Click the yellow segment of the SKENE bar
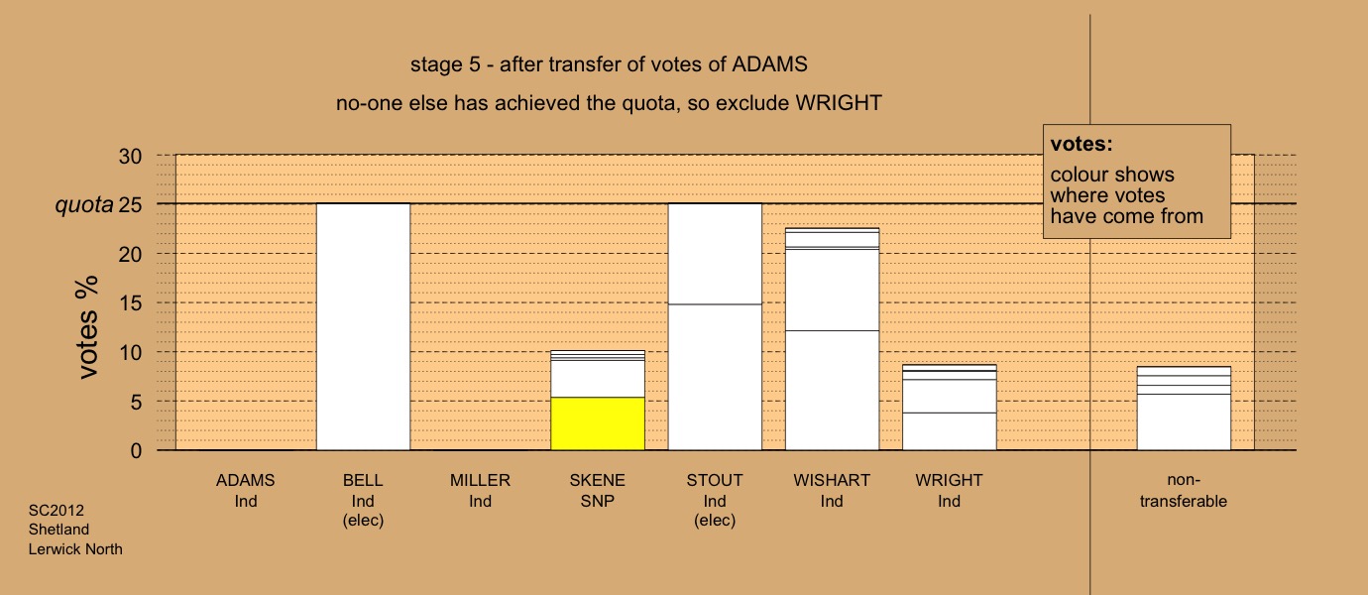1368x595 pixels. click(x=598, y=424)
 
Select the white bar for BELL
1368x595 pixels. click(x=363, y=327)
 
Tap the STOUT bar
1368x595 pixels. click(x=715, y=327)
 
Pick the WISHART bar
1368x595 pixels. click(x=832, y=339)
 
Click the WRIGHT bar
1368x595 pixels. click(x=949, y=408)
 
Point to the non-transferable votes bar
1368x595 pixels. click(x=1184, y=409)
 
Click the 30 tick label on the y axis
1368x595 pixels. click(x=130, y=157)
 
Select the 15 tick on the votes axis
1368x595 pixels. click(x=130, y=303)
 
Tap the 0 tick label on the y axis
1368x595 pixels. click(x=136, y=451)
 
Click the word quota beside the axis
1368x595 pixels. click(x=84, y=205)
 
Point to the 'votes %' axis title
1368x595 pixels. click(x=87, y=327)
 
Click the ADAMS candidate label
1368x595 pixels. click(x=246, y=480)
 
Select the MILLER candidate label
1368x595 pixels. click(x=480, y=480)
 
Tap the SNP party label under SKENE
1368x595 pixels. click(x=598, y=501)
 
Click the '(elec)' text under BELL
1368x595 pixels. click(x=363, y=521)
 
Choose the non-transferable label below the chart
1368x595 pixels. click(x=1184, y=491)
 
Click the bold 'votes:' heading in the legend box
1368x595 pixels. click(x=1082, y=144)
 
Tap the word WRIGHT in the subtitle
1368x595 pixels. click(x=839, y=102)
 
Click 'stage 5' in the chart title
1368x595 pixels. click(x=445, y=64)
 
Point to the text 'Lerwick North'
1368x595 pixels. click(x=75, y=549)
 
